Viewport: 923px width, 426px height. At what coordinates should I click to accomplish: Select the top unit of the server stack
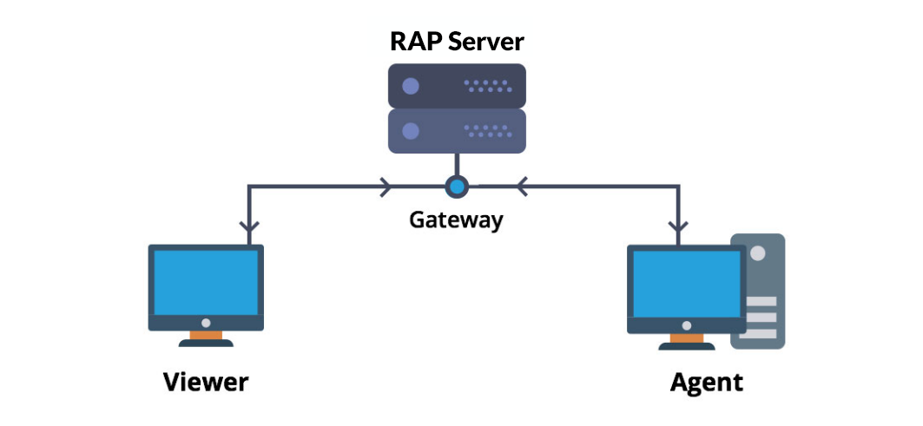pos(457,86)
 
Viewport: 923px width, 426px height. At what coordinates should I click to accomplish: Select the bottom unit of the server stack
pos(457,131)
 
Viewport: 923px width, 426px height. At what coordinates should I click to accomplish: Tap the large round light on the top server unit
pos(411,86)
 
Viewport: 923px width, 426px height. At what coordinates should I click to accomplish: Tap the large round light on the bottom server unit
pos(411,131)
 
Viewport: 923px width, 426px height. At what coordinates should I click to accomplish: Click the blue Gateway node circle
pos(457,186)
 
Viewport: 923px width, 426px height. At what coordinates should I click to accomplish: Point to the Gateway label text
pos(456,220)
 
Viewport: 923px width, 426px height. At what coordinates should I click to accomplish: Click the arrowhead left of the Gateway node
pos(385,186)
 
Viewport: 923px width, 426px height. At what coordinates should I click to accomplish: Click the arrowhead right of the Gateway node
pos(522,186)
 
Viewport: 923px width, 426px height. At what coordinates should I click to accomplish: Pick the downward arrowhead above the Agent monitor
pos(678,227)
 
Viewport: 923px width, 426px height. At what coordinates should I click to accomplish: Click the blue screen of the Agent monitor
pos(685,283)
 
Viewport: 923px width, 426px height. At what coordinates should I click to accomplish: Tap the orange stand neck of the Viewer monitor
pos(206,335)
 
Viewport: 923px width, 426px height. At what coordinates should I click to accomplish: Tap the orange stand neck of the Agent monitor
pos(686,337)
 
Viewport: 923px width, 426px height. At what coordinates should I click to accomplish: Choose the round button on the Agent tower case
pos(758,254)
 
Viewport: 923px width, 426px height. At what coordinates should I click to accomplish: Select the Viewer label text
pos(206,382)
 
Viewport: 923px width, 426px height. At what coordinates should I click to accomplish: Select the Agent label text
pos(706,382)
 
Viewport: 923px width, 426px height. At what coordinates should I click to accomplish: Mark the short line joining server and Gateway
pos(457,165)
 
